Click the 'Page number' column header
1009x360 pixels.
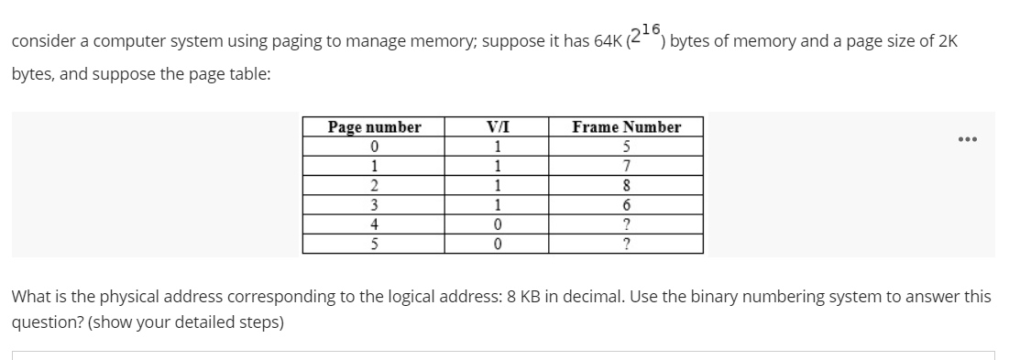coord(374,127)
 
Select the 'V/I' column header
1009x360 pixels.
coord(496,127)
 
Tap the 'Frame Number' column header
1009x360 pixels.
coord(626,127)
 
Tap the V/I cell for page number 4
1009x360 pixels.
coord(496,224)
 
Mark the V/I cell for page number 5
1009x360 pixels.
coord(496,243)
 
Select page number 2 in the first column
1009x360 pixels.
coord(374,185)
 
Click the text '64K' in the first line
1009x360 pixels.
coord(606,44)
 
